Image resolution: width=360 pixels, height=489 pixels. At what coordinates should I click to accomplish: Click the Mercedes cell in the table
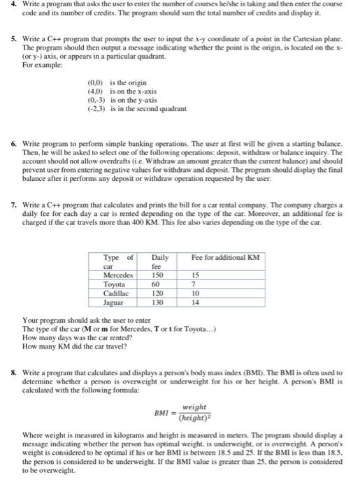pyautogui.click(x=119, y=275)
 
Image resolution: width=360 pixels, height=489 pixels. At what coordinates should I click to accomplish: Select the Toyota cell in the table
pyautogui.click(x=115, y=284)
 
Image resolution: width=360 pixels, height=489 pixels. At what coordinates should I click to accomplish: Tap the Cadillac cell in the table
pyautogui.click(x=117, y=293)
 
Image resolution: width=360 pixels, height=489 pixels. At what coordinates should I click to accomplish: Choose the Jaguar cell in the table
pyautogui.click(x=115, y=303)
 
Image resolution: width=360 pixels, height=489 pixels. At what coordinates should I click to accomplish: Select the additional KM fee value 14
pyautogui.click(x=196, y=303)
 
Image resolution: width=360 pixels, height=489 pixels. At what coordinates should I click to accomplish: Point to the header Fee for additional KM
pyautogui.click(x=226, y=258)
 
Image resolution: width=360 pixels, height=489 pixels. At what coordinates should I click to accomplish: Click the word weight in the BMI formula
pyautogui.click(x=194, y=407)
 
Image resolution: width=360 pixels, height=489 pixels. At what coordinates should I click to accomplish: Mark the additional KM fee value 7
pyautogui.click(x=194, y=284)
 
